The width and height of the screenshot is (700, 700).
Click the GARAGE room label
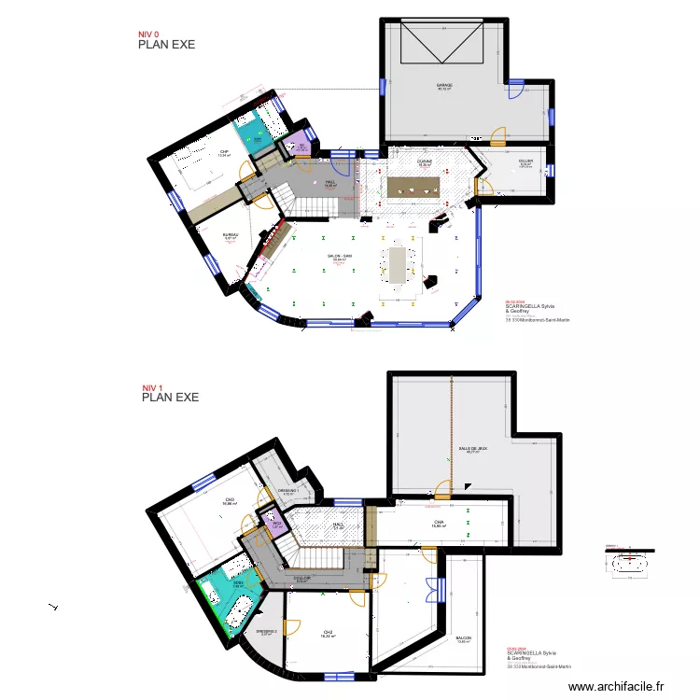pyautogui.click(x=444, y=86)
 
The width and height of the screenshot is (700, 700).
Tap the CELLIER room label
pyautogui.click(x=525, y=161)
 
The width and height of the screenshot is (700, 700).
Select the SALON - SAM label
pyautogui.click(x=339, y=257)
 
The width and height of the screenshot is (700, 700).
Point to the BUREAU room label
pyautogui.click(x=231, y=235)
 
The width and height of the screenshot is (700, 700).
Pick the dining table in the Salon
pyautogui.click(x=397, y=263)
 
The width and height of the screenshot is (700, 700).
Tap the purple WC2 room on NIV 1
pyautogui.click(x=276, y=524)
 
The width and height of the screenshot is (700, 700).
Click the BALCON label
pyautogui.click(x=464, y=638)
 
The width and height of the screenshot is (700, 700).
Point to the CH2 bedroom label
pyautogui.click(x=328, y=632)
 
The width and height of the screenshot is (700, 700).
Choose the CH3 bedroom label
pyautogui.click(x=230, y=500)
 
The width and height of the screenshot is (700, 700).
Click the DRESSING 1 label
pyautogui.click(x=287, y=491)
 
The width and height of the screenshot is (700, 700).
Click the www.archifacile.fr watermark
pyautogui.click(x=619, y=687)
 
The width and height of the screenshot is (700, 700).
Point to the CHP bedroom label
pyautogui.click(x=224, y=152)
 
